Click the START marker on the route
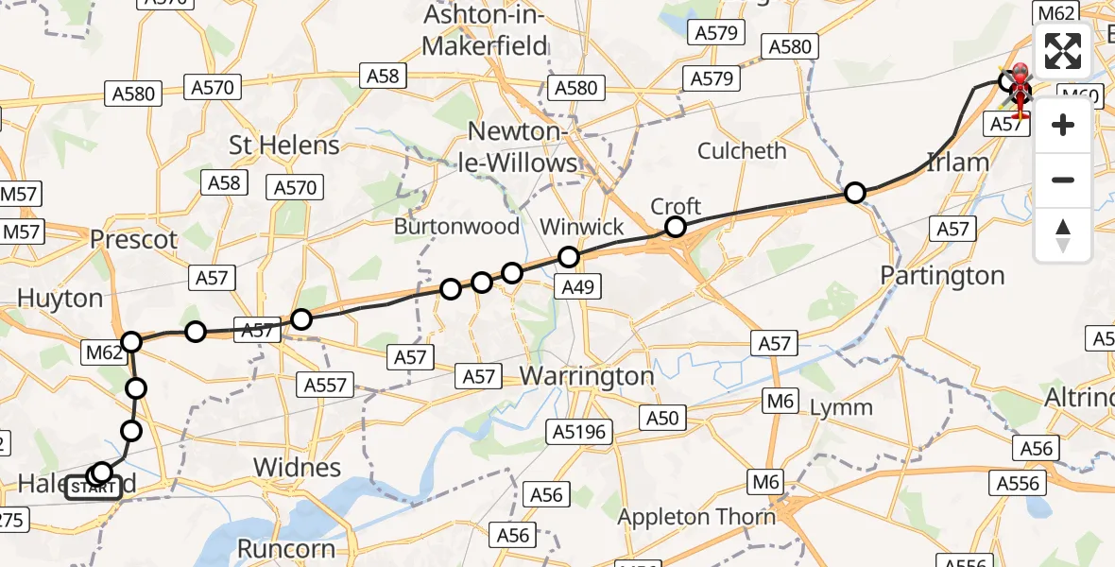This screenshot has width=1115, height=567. coord(94,488)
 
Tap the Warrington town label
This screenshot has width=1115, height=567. coord(587,376)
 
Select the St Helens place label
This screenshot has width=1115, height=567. coord(284,146)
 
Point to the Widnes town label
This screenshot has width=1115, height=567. coord(299,467)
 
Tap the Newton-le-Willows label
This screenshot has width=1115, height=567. coord(524,148)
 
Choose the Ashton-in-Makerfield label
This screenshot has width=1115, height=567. coord(486,30)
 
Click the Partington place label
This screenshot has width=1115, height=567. coord(942,276)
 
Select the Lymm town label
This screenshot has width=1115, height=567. coord(843,407)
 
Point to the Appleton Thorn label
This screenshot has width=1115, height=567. coord(696,517)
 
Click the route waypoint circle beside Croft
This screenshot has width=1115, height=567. coord(675,227)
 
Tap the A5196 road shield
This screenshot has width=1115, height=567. coord(579,433)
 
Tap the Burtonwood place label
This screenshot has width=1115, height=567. coord(457,227)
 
